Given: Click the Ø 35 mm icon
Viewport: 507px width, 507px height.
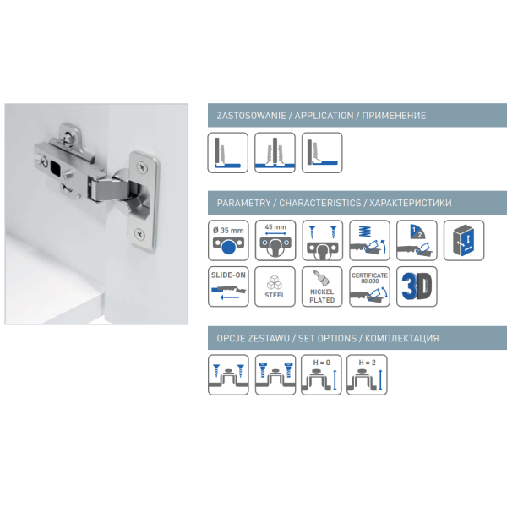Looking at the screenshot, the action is (x=228, y=240).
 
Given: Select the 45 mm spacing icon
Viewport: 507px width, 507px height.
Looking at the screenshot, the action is (x=275, y=240).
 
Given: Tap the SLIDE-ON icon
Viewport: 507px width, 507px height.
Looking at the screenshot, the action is (x=228, y=286).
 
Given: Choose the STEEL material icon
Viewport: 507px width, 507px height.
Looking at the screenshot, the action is (x=275, y=286).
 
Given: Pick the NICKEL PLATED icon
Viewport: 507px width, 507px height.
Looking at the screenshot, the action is (x=322, y=286).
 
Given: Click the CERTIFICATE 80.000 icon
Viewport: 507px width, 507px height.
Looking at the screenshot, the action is (x=369, y=286).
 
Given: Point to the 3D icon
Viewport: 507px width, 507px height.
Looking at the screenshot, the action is (x=417, y=286).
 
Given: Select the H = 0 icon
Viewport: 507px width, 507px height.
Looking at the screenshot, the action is (x=321, y=374).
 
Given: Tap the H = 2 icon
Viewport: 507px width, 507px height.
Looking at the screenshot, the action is (x=367, y=374).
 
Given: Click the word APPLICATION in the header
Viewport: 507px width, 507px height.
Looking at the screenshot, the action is (x=324, y=116).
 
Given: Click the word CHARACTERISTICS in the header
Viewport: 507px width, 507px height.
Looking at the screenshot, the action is (x=320, y=203).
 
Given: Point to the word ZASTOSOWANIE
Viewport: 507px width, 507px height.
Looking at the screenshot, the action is (x=251, y=116).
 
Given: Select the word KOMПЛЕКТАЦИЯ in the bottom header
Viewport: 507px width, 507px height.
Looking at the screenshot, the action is (x=402, y=339).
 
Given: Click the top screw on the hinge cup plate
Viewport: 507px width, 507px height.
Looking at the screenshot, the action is (x=142, y=167).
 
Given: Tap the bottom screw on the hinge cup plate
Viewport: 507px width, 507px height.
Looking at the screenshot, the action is (x=139, y=234).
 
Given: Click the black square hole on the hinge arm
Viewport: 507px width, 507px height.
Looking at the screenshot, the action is (x=55, y=168).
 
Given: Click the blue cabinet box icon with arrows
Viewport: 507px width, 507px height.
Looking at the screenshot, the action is (x=464, y=240).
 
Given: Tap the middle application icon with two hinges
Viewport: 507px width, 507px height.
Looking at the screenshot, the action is (x=275, y=153).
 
